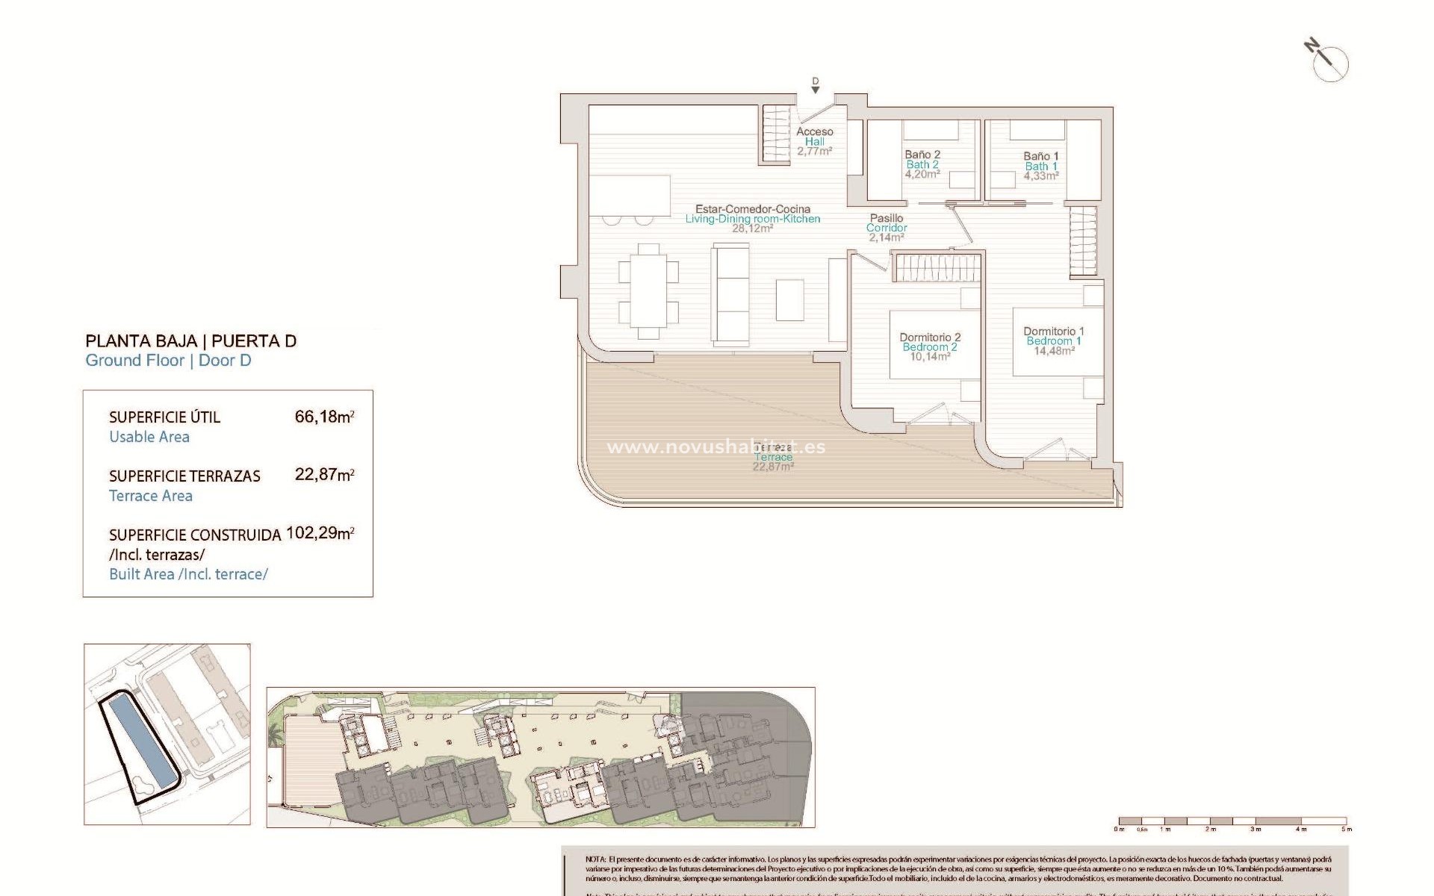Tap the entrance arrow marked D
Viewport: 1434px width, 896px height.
816,86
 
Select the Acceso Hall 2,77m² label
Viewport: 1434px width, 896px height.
814,140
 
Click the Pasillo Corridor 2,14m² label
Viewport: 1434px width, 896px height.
887,228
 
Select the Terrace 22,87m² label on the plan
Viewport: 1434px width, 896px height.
773,456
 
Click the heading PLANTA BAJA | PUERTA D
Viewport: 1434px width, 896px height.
191,341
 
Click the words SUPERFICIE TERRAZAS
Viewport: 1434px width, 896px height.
184,476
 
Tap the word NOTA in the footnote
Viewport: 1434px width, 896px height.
596,860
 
